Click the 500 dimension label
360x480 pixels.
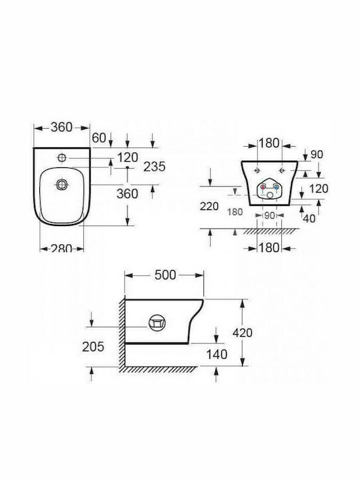pos(165,275)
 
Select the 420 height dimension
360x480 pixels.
pos(243,333)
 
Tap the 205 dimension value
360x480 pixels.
pos(93,347)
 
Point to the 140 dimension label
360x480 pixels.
pos(217,354)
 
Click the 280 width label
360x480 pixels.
pos(61,248)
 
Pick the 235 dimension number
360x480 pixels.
pos(154,167)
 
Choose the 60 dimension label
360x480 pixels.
pos(99,138)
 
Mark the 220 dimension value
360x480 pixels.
pos(209,206)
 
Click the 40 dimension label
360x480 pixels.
pos(309,219)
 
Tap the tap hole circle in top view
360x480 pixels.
pos(62,157)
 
